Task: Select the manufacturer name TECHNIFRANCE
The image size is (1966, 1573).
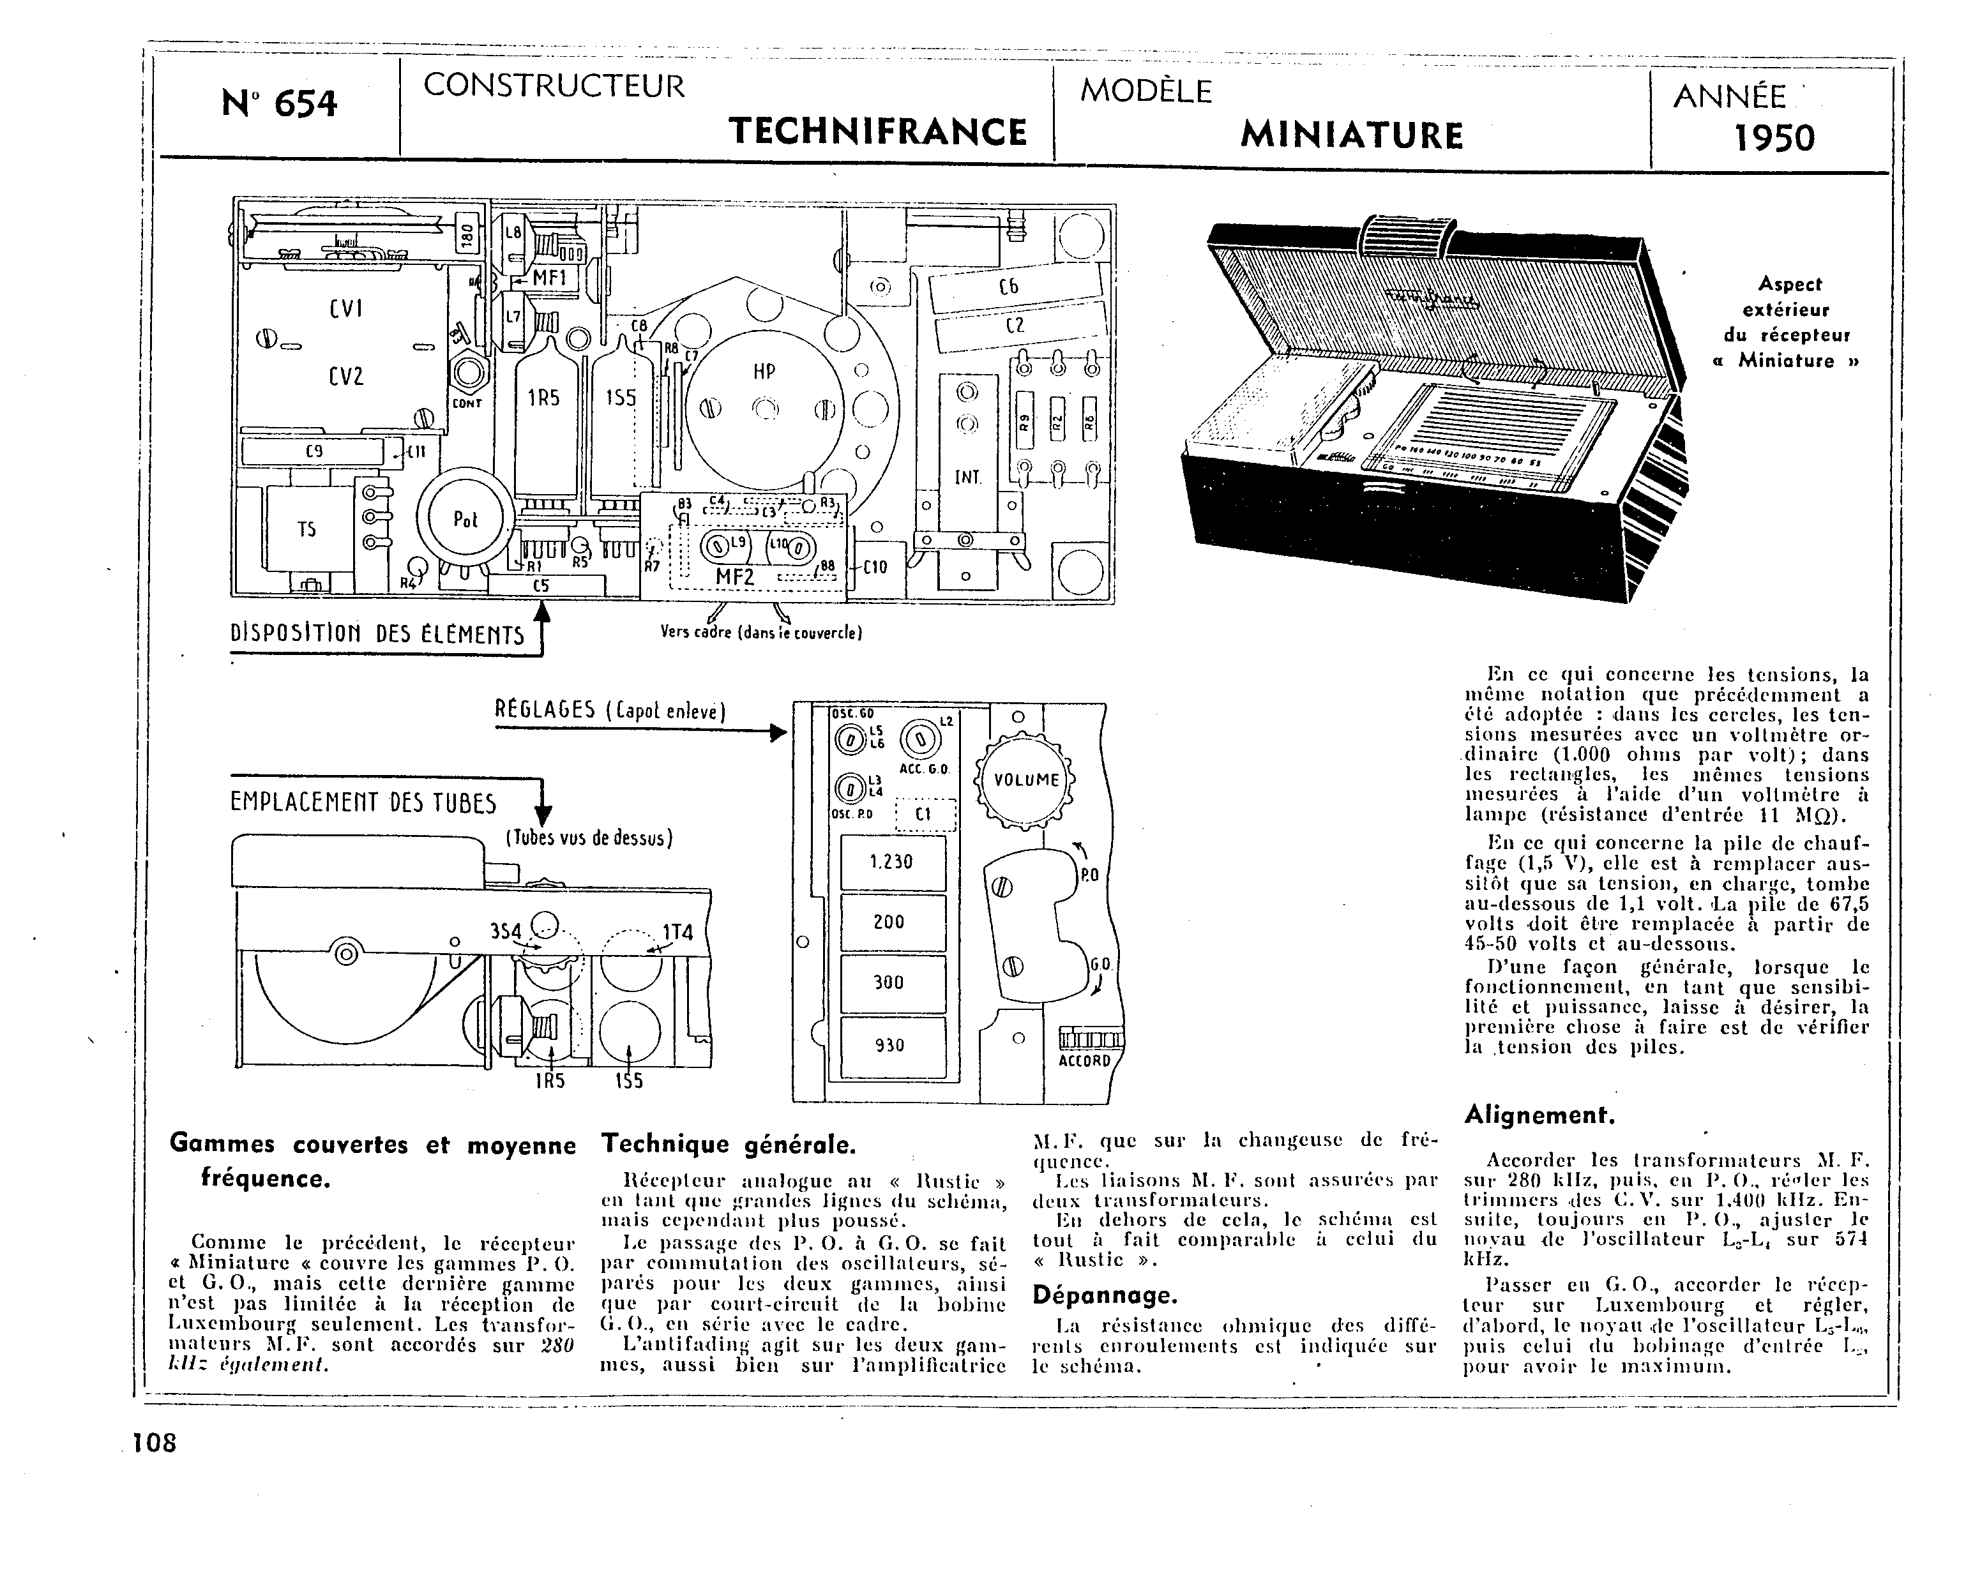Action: coord(878,132)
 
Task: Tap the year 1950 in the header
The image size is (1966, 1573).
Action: coord(1774,138)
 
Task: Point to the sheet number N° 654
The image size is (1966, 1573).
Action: coord(279,104)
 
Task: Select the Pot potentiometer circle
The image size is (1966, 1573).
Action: coord(465,519)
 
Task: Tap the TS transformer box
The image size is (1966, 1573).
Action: coord(308,529)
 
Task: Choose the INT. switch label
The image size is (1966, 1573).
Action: coord(967,476)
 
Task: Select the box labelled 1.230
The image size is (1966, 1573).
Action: coord(892,862)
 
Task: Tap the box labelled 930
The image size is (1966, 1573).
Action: coord(892,1045)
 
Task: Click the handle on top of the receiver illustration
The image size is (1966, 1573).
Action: coord(1404,237)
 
